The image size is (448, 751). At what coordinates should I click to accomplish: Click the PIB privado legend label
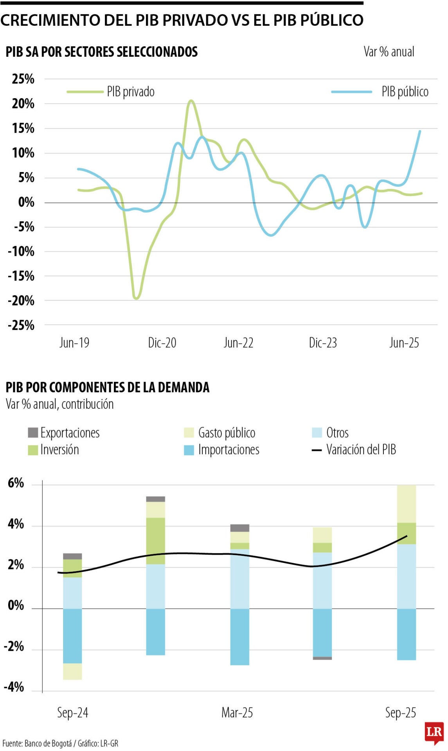(130, 92)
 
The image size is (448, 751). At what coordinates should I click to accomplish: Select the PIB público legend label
(405, 92)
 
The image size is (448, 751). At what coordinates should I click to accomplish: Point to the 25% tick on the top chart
(23, 79)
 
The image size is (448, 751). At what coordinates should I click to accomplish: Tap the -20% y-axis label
(21, 301)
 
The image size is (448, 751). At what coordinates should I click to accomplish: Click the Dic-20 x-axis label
(162, 343)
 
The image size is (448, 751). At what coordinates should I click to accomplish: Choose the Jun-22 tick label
(238, 343)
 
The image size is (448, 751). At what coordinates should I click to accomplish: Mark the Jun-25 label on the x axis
(404, 343)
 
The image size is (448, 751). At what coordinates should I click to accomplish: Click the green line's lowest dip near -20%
(136, 298)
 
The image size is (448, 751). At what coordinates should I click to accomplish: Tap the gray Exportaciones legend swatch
(33, 433)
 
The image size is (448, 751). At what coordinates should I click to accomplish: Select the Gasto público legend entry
(227, 433)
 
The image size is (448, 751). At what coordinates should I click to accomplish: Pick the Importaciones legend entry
(228, 450)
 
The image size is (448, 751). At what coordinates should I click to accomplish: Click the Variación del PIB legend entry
(361, 450)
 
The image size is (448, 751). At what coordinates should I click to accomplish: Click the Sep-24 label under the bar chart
(72, 712)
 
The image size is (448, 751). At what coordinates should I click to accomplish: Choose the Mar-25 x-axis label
(237, 712)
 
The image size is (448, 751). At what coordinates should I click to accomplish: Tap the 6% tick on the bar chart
(16, 483)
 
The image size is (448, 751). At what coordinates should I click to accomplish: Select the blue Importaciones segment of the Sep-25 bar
(407, 634)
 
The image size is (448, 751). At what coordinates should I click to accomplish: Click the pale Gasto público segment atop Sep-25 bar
(407, 504)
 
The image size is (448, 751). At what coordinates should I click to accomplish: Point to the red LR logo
(434, 732)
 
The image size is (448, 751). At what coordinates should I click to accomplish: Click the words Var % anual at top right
(389, 52)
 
